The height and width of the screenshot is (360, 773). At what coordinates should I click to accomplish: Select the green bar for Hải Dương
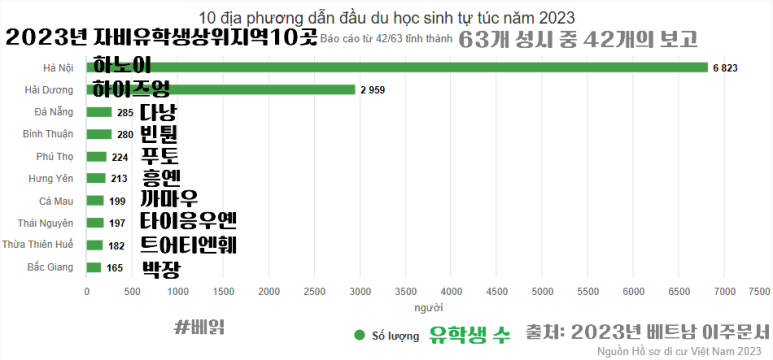pyautogui.click(x=221, y=90)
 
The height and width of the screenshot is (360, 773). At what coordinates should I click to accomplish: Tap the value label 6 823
pyautogui.click(x=724, y=67)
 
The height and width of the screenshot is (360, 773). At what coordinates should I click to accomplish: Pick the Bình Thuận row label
pyautogui.click(x=49, y=134)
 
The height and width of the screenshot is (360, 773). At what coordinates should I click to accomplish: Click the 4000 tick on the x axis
pyautogui.click(x=451, y=291)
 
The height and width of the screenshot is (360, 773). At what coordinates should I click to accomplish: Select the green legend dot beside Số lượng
pyautogui.click(x=358, y=335)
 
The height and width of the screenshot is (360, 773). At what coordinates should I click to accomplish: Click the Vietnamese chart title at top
pyautogui.click(x=387, y=17)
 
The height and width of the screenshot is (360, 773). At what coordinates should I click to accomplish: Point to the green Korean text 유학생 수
pyautogui.click(x=470, y=334)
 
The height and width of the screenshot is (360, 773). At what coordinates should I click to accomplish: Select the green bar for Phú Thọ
pyautogui.click(x=97, y=156)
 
